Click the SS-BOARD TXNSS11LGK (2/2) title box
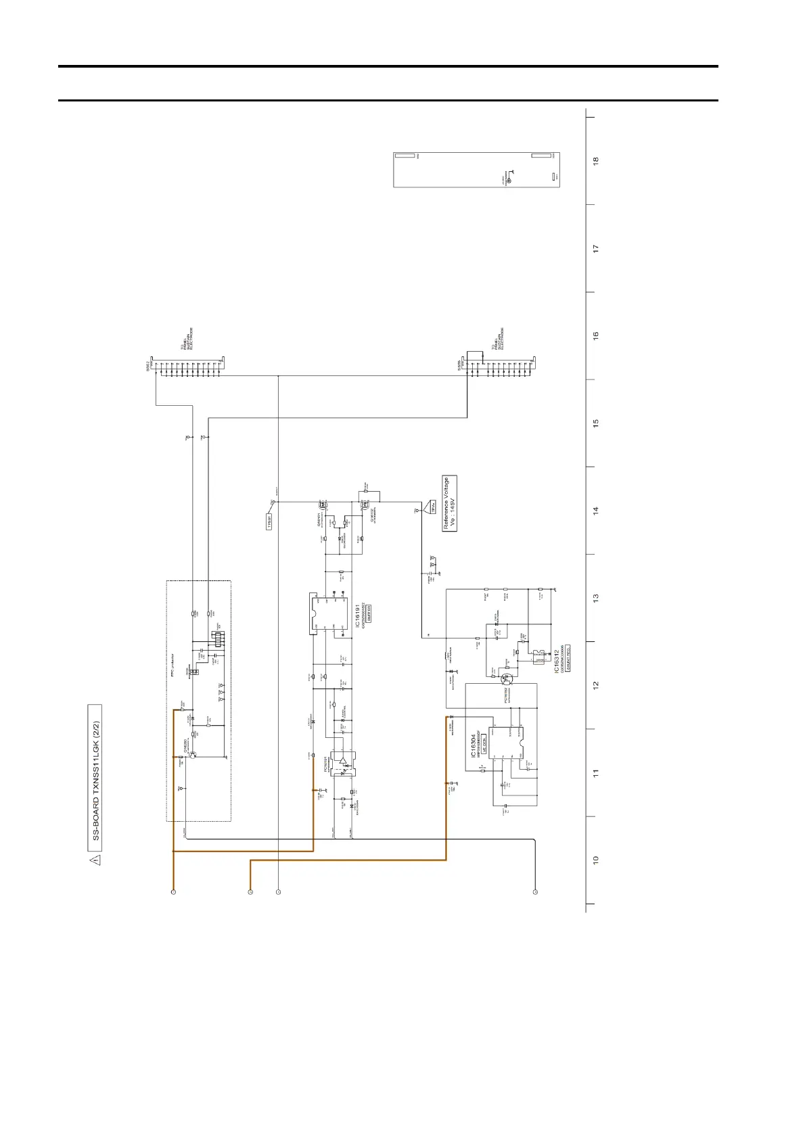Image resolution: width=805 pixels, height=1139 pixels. pyautogui.click(x=95, y=777)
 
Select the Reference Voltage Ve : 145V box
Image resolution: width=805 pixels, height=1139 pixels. pyautogui.click(x=450, y=504)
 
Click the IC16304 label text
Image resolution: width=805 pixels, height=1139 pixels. pyautogui.click(x=473, y=746)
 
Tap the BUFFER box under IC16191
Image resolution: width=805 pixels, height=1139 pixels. pyautogui.click(x=369, y=611)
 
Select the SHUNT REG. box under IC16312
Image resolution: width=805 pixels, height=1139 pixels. pyautogui.click(x=568, y=657)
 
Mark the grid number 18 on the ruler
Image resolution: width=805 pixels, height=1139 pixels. pyautogui.click(x=596, y=161)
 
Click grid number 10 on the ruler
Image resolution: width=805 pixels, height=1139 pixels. pyautogui.click(x=596, y=860)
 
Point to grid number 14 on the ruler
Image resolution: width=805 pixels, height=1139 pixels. pyautogui.click(x=596, y=511)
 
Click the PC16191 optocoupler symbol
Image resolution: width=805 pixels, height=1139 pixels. pyautogui.click(x=344, y=764)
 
